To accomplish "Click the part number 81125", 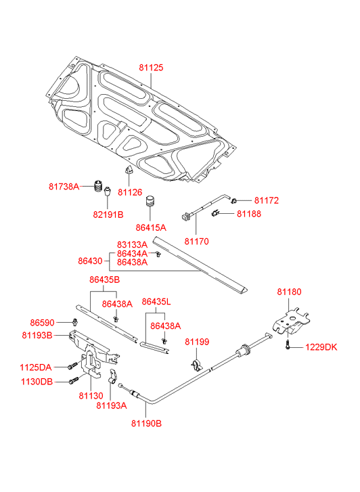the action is (152, 68).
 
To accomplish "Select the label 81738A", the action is (64, 187).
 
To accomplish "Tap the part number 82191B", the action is (108, 215).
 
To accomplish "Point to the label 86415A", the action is (151, 227).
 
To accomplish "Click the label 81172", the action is (267, 200).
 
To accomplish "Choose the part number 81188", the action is (249, 214).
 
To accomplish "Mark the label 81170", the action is (196, 242).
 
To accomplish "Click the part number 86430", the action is (90, 261).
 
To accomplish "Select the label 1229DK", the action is (321, 347).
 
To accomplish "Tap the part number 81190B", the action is (147, 423).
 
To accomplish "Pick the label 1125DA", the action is (36, 367).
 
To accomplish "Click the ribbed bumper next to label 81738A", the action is (99, 186).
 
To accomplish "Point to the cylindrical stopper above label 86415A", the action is (150, 202).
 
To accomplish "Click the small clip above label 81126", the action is (129, 169).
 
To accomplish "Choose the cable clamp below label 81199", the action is (196, 366).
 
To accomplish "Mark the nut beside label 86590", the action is (74, 321).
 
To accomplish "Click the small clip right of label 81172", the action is (234, 200).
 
